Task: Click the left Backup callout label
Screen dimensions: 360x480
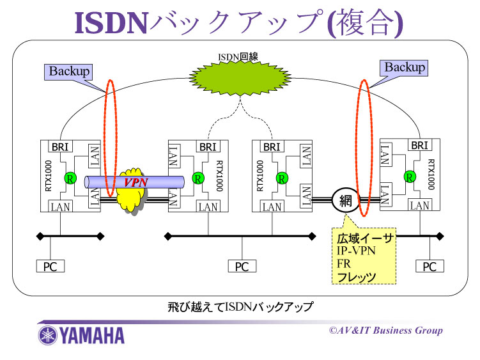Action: [x=70, y=70]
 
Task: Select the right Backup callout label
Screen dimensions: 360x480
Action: [x=405, y=67]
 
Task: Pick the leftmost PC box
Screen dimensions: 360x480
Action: [x=50, y=266]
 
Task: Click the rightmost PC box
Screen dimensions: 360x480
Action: [x=430, y=266]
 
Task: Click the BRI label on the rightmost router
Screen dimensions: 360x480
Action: [x=419, y=145]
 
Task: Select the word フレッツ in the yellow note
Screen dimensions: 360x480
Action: [x=357, y=277]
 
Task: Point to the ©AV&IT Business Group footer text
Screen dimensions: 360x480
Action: [x=385, y=331]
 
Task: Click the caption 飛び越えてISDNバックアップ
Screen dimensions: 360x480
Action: [x=240, y=308]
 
